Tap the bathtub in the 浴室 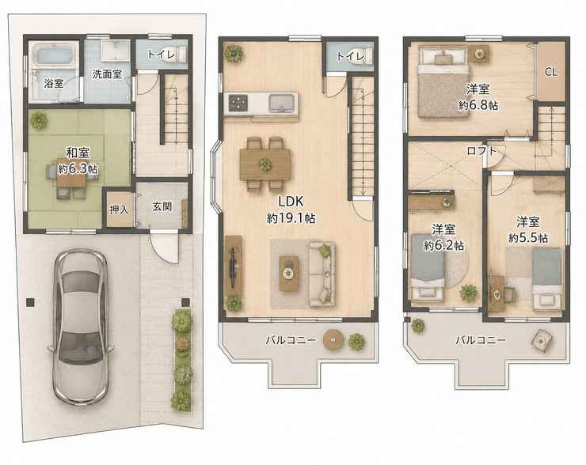[54, 57]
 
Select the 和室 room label [78, 153]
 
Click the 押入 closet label [120, 210]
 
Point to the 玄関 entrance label [162, 206]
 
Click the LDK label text [291, 202]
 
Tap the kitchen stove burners [238, 103]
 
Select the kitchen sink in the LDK [282, 102]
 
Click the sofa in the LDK [322, 274]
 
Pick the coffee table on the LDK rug [288, 273]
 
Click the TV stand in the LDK [234, 266]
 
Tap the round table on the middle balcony [333, 339]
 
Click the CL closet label [551, 72]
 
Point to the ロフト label [482, 151]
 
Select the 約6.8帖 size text [478, 106]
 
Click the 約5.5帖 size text [528, 238]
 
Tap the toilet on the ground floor [179, 54]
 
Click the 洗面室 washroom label [107, 74]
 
